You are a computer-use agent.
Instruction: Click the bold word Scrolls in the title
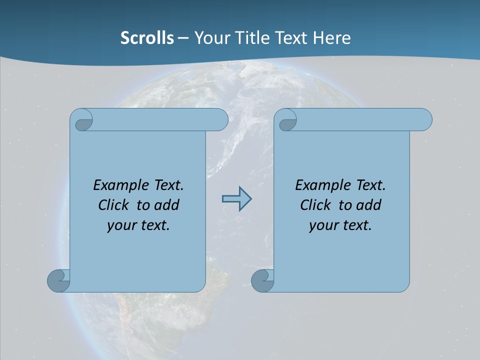tap(147, 37)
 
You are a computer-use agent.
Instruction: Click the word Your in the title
tap(210, 37)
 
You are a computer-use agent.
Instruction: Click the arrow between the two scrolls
tap(236, 199)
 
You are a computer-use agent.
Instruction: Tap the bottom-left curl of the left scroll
tap(58, 280)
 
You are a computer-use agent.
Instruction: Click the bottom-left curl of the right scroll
tap(262, 280)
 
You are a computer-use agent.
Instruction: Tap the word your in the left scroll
tap(120, 225)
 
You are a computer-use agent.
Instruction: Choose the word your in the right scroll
tap(322, 225)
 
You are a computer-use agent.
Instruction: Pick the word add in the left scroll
tap(167, 205)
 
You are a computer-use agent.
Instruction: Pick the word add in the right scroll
tap(369, 205)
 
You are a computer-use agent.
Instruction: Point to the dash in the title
tap(183, 38)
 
